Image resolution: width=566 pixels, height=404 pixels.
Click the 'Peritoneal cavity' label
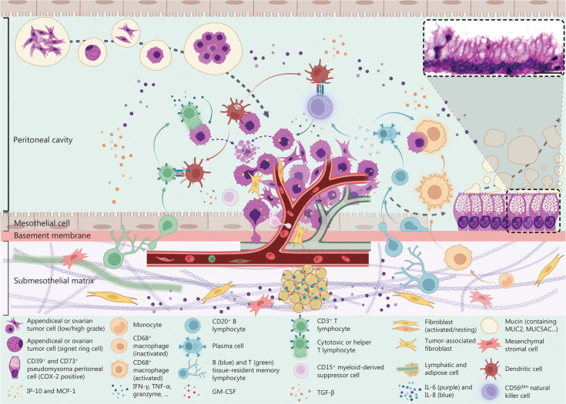(43, 139)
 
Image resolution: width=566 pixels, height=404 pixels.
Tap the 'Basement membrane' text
(52, 235)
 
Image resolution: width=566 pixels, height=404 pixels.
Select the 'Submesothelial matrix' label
(54, 280)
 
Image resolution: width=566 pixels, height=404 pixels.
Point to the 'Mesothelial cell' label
(42, 223)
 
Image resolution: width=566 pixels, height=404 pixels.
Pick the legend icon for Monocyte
(119, 326)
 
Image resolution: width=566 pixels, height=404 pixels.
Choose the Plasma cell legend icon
(192, 346)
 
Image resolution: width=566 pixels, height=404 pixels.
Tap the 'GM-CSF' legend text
(224, 391)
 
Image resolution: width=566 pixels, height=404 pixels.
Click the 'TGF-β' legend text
(328, 392)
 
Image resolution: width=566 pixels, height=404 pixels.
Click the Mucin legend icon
(490, 325)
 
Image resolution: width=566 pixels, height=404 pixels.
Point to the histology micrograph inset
(494, 47)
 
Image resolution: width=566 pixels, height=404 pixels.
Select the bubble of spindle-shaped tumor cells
(42, 43)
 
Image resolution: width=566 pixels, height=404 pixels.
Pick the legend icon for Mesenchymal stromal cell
(490, 346)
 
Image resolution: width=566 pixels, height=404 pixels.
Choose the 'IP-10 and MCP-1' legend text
(52, 391)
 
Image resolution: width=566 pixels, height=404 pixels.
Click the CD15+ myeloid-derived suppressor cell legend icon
(302, 370)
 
